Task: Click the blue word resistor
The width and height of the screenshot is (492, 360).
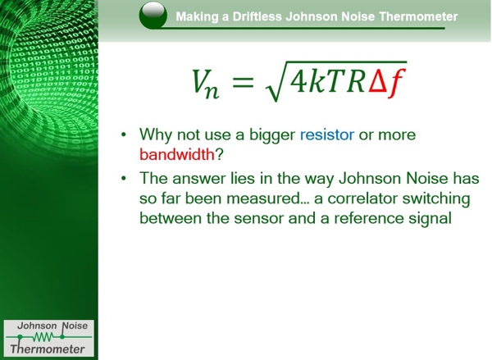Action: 326,134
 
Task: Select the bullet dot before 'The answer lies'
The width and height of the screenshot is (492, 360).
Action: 123,180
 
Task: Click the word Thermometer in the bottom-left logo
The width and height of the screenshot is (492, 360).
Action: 47,349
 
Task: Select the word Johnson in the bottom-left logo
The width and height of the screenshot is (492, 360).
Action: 31,325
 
